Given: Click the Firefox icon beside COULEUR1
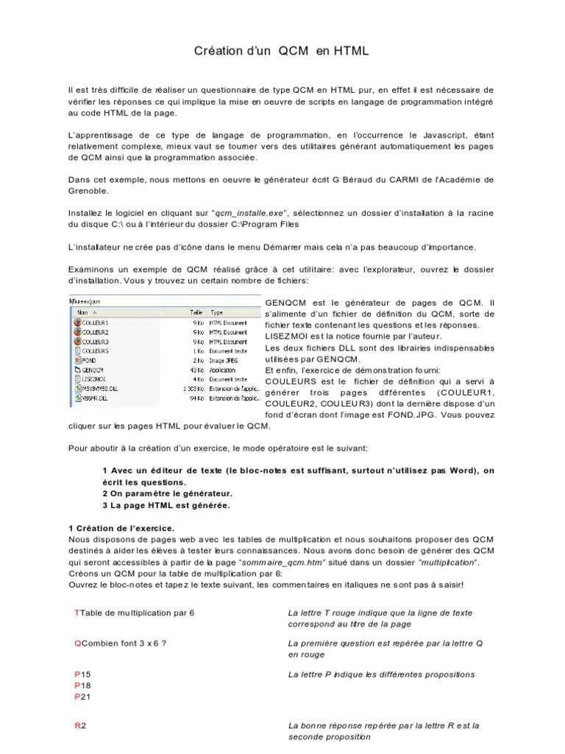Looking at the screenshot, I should pos(77,323).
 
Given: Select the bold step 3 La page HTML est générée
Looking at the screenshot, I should pos(166,505).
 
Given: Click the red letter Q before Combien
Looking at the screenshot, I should pos(78,643).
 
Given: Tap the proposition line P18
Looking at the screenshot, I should pos(83,684).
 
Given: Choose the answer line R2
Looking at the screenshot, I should pos(81,725).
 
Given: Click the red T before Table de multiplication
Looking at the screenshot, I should pos(77,613).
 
